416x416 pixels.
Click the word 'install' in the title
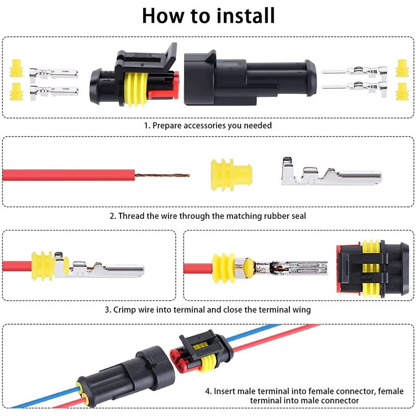(246, 16)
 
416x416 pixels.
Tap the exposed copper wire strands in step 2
(162, 175)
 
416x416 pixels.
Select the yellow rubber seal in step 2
(231, 175)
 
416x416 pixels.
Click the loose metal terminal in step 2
(331, 172)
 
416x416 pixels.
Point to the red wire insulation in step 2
(69, 175)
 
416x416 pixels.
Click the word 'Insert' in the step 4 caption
(225, 391)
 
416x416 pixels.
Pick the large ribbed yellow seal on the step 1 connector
(136, 89)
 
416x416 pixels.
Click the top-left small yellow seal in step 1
(17, 69)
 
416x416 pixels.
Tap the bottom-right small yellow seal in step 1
(402, 92)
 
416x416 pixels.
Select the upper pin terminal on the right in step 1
(354, 71)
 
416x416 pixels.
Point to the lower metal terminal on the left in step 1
(53, 92)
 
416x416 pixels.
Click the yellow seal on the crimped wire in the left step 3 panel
(42, 266)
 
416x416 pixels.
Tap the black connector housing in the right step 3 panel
(373, 270)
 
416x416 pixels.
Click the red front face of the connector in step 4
(179, 362)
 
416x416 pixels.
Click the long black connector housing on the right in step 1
(250, 79)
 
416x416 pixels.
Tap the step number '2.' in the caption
(113, 216)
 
